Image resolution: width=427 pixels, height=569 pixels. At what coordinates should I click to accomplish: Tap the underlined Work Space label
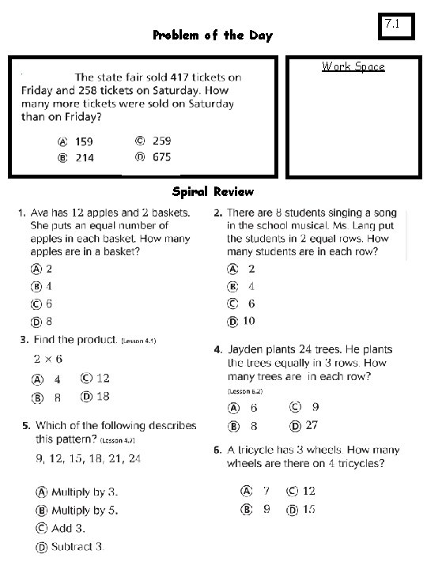(x=353, y=66)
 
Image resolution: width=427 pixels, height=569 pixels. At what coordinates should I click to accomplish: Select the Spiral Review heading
(x=213, y=191)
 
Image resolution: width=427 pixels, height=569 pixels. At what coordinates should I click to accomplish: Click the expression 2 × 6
(x=48, y=360)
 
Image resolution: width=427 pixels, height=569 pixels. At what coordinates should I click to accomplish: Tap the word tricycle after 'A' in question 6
(x=262, y=450)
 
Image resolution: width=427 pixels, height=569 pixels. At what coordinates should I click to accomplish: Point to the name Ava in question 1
(x=41, y=213)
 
